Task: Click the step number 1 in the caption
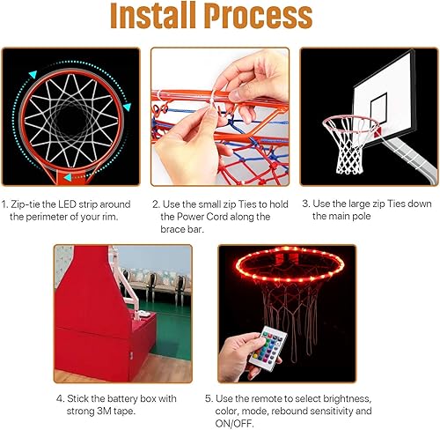[x=4, y=204]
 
